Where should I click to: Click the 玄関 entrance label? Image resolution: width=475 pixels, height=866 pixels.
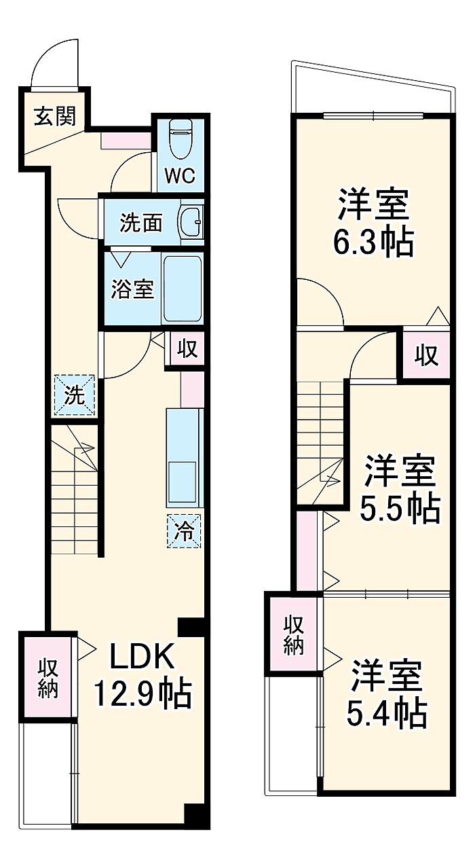54,116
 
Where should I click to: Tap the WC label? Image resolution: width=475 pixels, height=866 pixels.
180,177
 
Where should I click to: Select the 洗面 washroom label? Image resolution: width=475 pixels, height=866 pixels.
140,223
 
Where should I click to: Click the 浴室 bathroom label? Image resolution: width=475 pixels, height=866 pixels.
132,289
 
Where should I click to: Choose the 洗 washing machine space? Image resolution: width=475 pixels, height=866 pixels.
74,395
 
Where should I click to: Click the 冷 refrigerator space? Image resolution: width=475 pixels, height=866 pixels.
184,530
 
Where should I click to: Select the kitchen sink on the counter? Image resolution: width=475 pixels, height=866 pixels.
183,482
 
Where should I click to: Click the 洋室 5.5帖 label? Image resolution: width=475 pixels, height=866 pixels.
400,488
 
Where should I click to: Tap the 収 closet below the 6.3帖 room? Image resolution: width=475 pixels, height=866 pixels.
426,355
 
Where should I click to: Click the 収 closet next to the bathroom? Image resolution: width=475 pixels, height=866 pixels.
187,348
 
